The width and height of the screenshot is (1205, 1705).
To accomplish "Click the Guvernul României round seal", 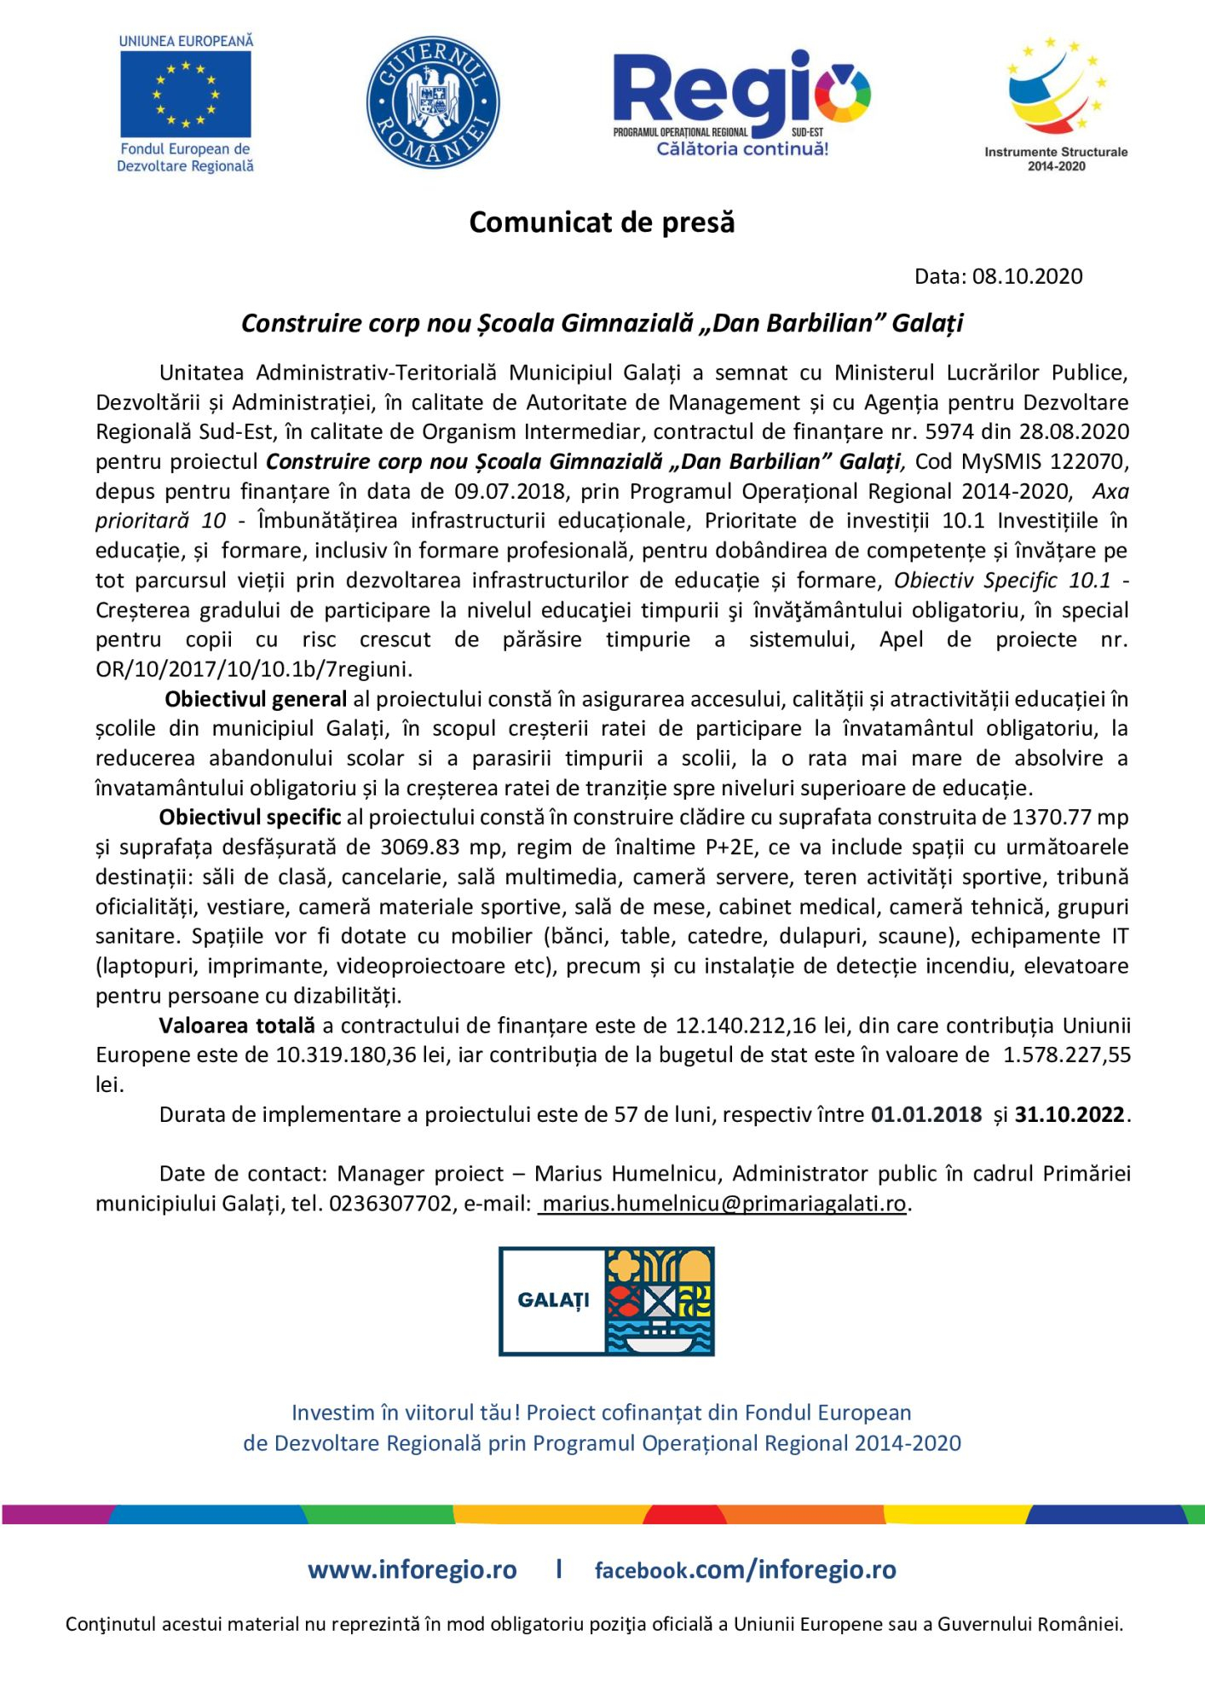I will (433, 102).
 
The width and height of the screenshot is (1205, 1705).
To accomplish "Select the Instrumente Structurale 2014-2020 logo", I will (1056, 103).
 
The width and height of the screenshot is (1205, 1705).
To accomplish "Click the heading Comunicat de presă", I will (602, 223).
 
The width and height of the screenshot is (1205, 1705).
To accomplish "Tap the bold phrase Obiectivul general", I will (255, 700).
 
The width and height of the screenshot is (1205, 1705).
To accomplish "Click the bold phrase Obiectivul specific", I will (250, 818).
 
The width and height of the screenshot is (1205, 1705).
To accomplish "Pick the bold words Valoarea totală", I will (237, 1026).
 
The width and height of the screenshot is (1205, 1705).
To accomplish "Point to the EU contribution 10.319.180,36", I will (345, 1055).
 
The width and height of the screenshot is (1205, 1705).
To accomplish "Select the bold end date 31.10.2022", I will (1070, 1115).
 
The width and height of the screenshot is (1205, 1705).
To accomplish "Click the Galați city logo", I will (606, 1301).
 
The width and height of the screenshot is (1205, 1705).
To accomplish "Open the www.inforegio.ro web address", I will (412, 1570).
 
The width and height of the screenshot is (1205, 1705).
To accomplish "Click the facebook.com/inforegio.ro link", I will (745, 1570).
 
